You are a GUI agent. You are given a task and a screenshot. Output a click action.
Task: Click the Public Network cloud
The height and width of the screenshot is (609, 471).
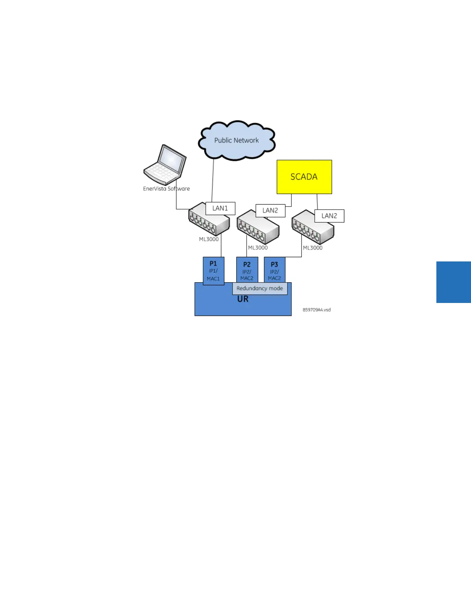[x=236, y=140]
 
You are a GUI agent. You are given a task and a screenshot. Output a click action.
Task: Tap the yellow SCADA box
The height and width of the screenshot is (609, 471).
[x=304, y=177]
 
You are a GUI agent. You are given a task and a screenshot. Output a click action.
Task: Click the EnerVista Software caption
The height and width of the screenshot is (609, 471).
[x=166, y=189]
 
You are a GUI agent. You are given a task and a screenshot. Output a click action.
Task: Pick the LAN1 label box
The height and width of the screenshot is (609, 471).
[x=220, y=208]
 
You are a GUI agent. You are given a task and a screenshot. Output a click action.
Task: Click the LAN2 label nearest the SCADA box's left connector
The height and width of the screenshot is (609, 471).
[x=270, y=211]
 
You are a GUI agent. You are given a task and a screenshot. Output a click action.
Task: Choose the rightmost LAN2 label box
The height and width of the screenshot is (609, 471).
[x=329, y=216]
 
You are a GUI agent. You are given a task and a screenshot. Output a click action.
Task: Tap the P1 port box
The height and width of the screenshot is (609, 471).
[x=213, y=271]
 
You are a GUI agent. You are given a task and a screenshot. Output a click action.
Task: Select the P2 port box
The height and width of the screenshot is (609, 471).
[x=247, y=270]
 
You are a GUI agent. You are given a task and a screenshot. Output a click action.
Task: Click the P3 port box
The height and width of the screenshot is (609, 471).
[x=274, y=270]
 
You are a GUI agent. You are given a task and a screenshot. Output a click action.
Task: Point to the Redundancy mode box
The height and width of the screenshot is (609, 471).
[x=260, y=288]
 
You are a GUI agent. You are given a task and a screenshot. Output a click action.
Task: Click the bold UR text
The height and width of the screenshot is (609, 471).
[x=243, y=299]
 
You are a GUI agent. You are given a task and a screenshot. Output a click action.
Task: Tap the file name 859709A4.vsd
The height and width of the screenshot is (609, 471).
[x=316, y=310]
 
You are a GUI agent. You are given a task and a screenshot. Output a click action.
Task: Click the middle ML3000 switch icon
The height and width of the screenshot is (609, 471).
[x=257, y=228]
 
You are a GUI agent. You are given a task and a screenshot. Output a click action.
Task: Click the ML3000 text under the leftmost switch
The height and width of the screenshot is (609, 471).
[x=209, y=239]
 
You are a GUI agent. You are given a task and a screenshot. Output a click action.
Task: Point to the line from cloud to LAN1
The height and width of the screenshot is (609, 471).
[x=212, y=181]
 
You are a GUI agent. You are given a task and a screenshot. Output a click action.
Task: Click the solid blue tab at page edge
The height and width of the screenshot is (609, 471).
[x=453, y=282]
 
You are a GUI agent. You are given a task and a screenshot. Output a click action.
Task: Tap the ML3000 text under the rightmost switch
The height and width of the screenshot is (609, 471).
[x=312, y=248]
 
